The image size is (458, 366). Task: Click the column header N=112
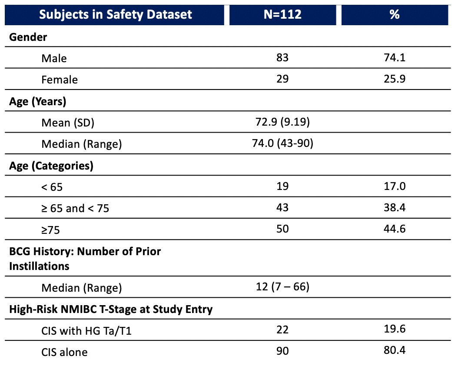[x=282, y=14]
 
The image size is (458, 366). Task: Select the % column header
[x=394, y=14]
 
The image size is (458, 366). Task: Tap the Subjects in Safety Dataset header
[x=116, y=15]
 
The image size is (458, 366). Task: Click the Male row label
[x=54, y=58]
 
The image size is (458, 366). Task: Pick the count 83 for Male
[x=282, y=57]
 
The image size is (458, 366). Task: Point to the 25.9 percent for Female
[x=395, y=79]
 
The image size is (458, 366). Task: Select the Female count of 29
[x=282, y=79]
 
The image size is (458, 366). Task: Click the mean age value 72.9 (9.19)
[x=282, y=122]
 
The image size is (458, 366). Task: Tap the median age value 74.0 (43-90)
[x=282, y=143]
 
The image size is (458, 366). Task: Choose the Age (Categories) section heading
[x=51, y=166]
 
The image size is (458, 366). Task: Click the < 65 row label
[x=52, y=187]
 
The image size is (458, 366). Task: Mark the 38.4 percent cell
[x=395, y=207]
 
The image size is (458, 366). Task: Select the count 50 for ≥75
[x=282, y=229]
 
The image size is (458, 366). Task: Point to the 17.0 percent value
[x=395, y=186]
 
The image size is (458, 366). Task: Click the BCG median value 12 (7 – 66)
[x=282, y=286]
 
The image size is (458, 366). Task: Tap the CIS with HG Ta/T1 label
[x=86, y=331]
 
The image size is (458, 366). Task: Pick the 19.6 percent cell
[x=395, y=329]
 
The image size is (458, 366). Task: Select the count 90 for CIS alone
[x=282, y=351]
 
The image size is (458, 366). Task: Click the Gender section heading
[x=28, y=37]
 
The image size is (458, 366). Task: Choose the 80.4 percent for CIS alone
[x=395, y=350]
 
